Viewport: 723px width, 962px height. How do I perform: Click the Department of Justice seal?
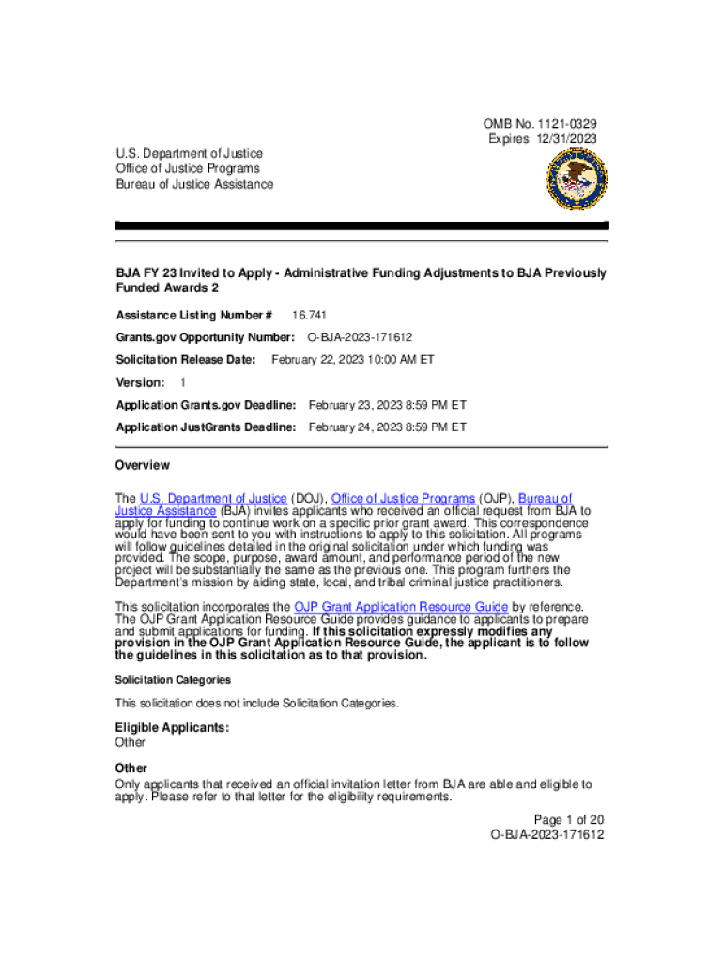click(x=567, y=178)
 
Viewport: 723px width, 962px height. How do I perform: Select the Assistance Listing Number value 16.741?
click(x=309, y=315)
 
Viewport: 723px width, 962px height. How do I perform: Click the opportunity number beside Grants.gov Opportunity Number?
click(x=361, y=337)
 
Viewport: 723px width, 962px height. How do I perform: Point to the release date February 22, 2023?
click(x=352, y=360)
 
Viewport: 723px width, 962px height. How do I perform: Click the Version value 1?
click(x=183, y=382)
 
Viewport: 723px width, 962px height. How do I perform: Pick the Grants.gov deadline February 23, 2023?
click(x=387, y=405)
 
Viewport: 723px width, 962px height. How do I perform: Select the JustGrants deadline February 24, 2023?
click(x=387, y=427)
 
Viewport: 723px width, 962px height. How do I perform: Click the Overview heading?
click(x=143, y=465)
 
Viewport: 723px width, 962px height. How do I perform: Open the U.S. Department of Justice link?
click(x=213, y=498)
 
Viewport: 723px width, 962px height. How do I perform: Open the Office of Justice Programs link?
click(x=403, y=498)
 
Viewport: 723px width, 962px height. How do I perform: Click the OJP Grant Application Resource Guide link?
click(x=401, y=607)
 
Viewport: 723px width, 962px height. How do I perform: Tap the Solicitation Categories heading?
click(x=173, y=679)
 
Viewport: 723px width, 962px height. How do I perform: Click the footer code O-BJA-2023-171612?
click(x=546, y=834)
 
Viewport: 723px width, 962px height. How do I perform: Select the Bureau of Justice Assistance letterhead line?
click(x=194, y=184)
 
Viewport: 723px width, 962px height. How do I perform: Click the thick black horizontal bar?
click(x=361, y=226)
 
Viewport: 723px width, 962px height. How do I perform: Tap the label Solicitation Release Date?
click(x=185, y=360)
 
